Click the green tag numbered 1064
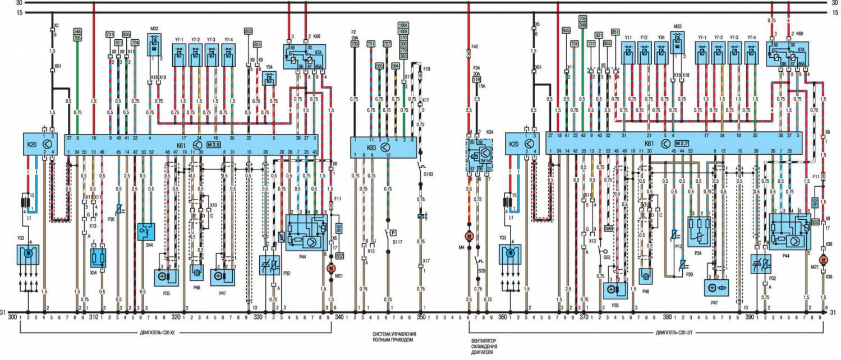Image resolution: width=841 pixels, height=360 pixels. click(403, 25)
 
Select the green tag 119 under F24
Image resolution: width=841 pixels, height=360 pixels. click(477, 80)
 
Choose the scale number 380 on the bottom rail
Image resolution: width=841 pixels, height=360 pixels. click(667, 317)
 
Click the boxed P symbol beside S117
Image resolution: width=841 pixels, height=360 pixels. click(393, 232)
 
